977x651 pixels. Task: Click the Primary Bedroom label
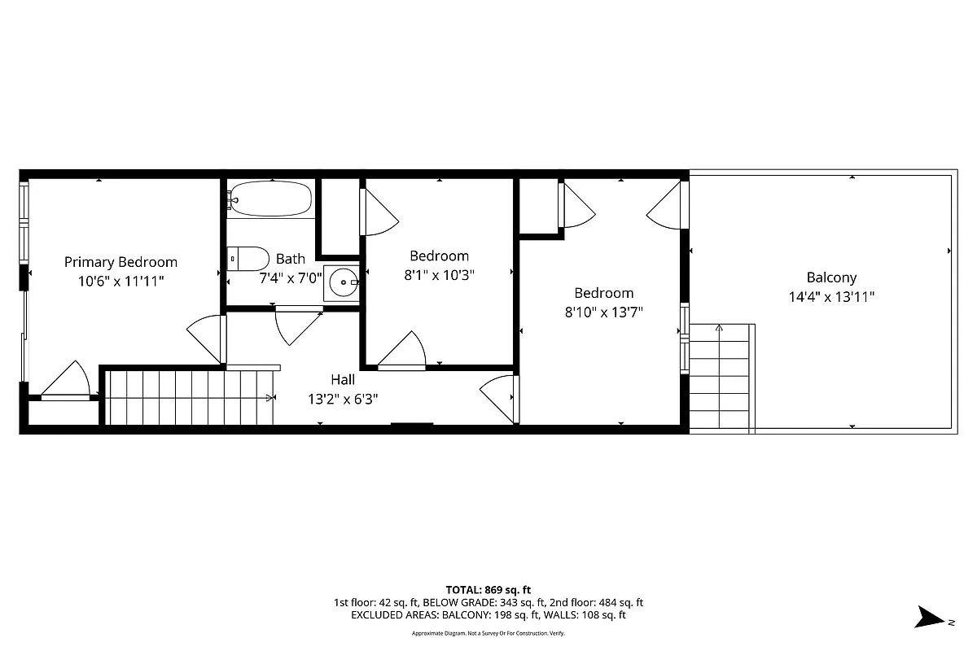pos(120,262)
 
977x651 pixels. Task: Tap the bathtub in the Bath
pos(269,199)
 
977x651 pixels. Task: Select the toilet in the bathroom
pos(248,259)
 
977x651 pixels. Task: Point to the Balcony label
pos(831,277)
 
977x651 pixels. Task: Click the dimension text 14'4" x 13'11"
pos(831,297)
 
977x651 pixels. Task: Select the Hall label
pos(342,379)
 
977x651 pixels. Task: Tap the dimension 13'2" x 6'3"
pos(342,399)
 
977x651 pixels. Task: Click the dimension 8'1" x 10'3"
pos(439,275)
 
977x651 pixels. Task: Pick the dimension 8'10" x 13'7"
pos(603,312)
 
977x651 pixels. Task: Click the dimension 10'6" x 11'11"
pos(120,282)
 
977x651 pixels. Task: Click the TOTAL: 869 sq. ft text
pos(488,589)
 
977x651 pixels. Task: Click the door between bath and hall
pos(298,324)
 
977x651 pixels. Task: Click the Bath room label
pos(291,259)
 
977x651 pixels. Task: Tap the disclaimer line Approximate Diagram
pos(488,633)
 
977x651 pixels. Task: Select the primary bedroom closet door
pos(67,382)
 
